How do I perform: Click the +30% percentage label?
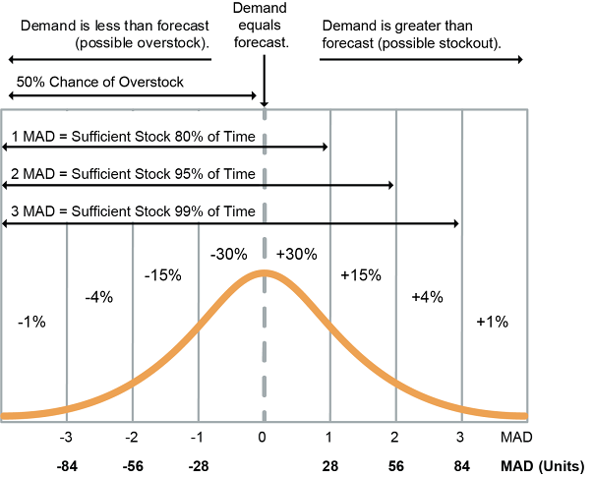[x=296, y=253]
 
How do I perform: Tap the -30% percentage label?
[x=228, y=253]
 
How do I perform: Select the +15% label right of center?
[x=360, y=275]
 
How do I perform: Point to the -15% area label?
[x=162, y=275]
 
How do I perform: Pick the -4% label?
[x=98, y=296]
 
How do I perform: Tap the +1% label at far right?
[x=491, y=321]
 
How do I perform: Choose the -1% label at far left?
[x=31, y=321]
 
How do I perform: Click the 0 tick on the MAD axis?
[x=263, y=436]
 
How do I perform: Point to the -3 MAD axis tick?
[x=65, y=436]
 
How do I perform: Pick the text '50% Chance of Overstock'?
[x=99, y=83]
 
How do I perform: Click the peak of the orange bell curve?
[x=263, y=272]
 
